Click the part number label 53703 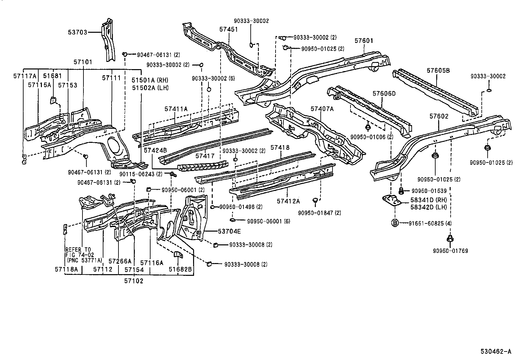coord(78,32)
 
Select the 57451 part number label coord(228,29)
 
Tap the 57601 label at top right coord(364,41)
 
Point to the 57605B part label coord(438,70)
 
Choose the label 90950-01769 coord(450,251)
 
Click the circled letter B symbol coord(395,223)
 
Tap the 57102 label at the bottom coord(134,281)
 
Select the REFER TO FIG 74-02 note coord(79,254)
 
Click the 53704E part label coord(229,232)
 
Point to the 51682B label coord(180,270)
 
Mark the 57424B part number coord(155,150)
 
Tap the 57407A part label coord(322,109)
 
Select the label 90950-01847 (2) coord(319,213)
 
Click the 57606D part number coord(384,94)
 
